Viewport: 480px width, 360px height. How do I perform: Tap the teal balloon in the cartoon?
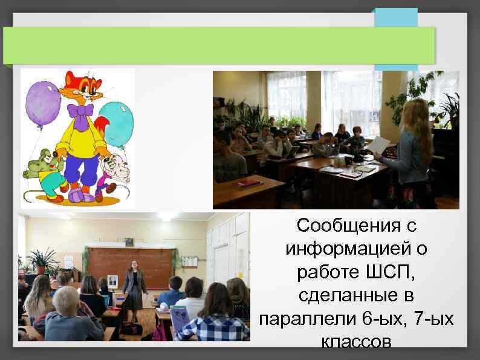[x=116, y=123]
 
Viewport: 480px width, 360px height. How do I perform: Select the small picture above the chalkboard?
[x=129, y=241]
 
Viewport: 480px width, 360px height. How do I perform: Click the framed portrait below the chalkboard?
[x=112, y=283]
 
